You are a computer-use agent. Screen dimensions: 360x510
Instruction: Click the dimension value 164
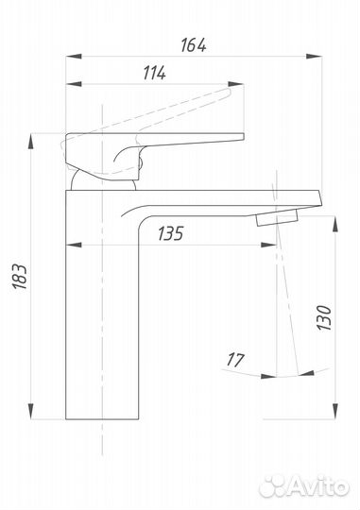(194, 45)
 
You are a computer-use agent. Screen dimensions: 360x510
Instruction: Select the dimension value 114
(155, 73)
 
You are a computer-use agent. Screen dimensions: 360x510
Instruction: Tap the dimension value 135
(171, 233)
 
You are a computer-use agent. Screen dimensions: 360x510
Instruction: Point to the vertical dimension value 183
(20, 277)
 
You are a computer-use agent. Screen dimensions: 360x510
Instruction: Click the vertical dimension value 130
(324, 317)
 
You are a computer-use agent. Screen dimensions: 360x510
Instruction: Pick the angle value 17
(235, 360)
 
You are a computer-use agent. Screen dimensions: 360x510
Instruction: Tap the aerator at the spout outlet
(277, 217)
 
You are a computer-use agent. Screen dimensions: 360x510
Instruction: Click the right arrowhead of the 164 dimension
(314, 57)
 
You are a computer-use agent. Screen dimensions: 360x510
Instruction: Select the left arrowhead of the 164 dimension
(74, 57)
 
